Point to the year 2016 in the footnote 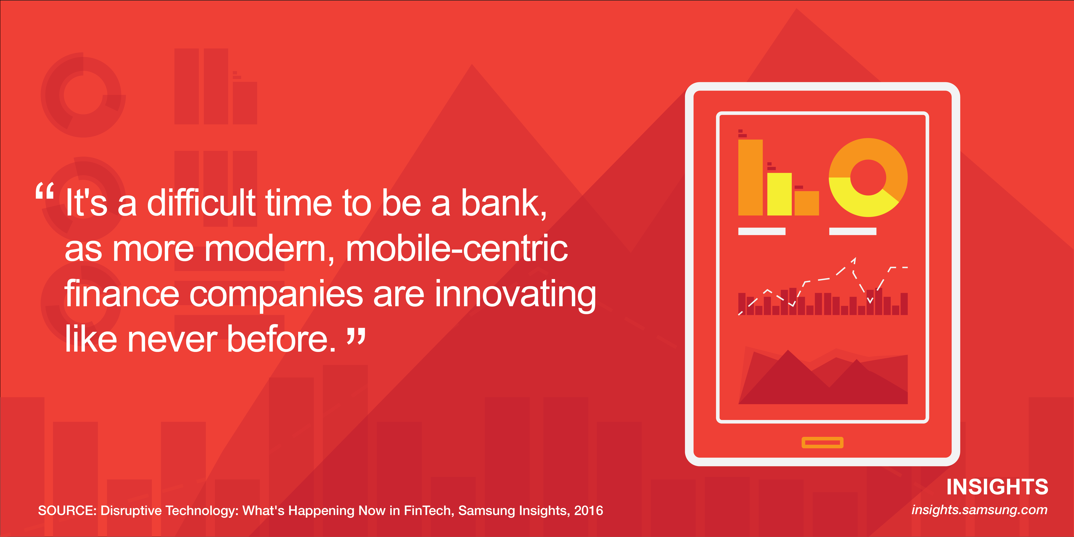pyautogui.click(x=588, y=510)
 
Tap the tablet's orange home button pyautogui.click(x=822, y=442)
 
